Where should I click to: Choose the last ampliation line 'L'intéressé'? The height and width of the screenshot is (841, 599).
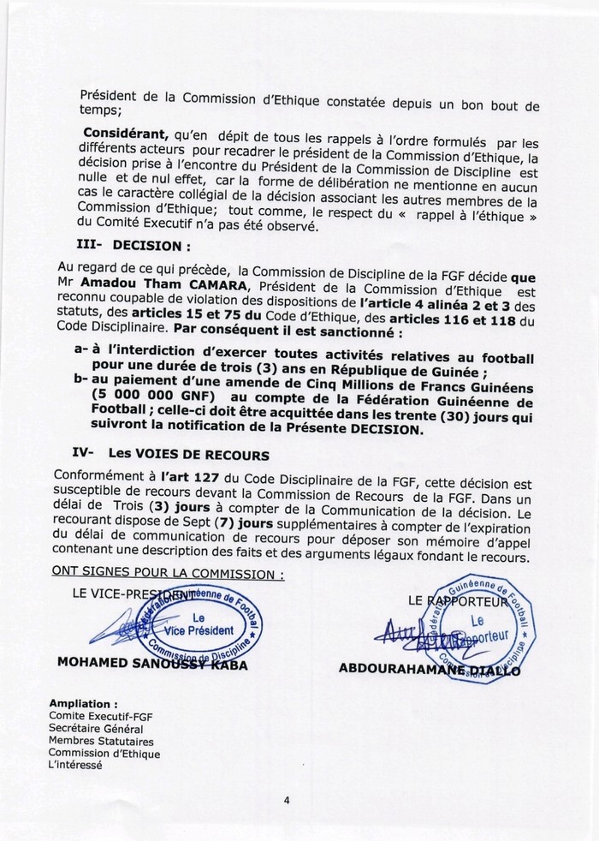click(x=76, y=766)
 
